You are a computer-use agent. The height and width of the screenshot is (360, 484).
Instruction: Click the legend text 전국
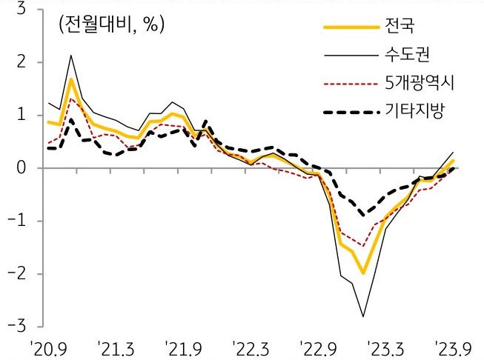pyautogui.click(x=401, y=28)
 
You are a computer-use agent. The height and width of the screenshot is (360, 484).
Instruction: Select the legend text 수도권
pyautogui.click(x=408, y=55)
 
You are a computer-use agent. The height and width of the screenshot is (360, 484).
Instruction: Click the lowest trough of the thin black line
pyautogui.click(x=363, y=317)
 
